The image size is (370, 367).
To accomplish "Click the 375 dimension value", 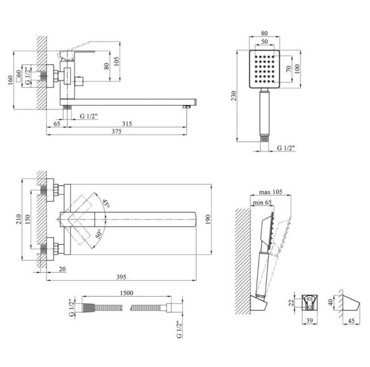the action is (116, 131).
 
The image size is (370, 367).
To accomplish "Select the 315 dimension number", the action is (127, 124).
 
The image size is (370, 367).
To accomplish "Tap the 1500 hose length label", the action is (127, 293).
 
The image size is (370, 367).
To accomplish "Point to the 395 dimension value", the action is (121, 277).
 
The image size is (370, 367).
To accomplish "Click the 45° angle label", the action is (106, 203).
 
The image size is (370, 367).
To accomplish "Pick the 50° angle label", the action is (99, 234).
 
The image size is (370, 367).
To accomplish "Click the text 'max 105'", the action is (271, 192).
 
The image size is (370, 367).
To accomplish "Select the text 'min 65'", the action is (262, 202).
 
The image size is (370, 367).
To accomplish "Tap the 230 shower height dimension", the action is (233, 96).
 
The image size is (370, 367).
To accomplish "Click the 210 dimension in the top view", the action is (19, 219).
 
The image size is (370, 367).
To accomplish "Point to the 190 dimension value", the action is (208, 220).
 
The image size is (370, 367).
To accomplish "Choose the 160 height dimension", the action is (9, 80).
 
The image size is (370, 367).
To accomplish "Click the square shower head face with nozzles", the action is (264, 69).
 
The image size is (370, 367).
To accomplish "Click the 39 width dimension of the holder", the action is (310, 320).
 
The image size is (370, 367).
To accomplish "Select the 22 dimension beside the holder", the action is (291, 303).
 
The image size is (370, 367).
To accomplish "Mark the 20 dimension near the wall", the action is (62, 269).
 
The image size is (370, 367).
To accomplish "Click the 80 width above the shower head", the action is (264, 34).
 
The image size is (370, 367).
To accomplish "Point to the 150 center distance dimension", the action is (28, 219).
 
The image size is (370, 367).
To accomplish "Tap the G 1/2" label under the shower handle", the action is (286, 148).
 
